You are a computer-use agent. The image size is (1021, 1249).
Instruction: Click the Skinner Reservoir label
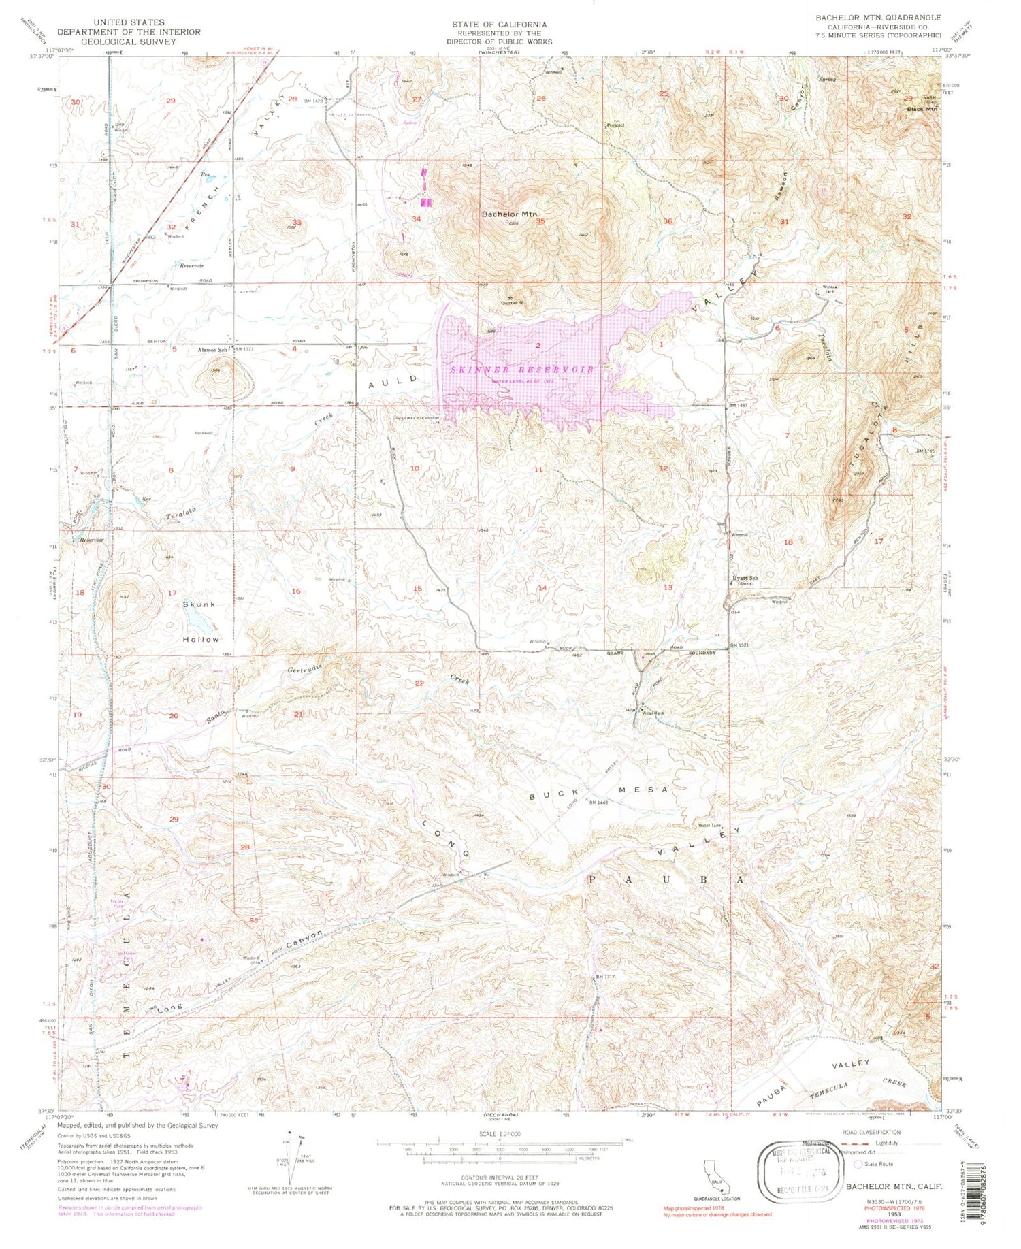[522, 369]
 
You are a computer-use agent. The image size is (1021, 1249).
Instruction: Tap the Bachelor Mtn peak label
[509, 214]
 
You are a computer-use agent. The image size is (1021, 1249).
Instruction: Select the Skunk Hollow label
[200, 621]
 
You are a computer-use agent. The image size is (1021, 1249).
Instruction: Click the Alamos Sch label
[212, 349]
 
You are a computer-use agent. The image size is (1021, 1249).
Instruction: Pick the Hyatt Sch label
[745, 578]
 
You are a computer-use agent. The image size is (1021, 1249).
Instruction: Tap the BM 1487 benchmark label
[742, 406]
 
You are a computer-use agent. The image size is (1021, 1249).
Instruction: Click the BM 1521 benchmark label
[743, 645]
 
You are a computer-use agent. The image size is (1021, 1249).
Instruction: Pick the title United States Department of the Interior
[129, 32]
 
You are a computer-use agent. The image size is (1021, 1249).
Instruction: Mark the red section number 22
[419, 683]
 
